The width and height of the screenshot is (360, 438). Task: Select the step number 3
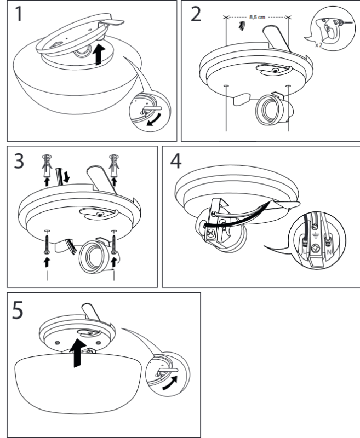tap(19, 162)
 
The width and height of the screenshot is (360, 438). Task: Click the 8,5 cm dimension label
tap(258, 17)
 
